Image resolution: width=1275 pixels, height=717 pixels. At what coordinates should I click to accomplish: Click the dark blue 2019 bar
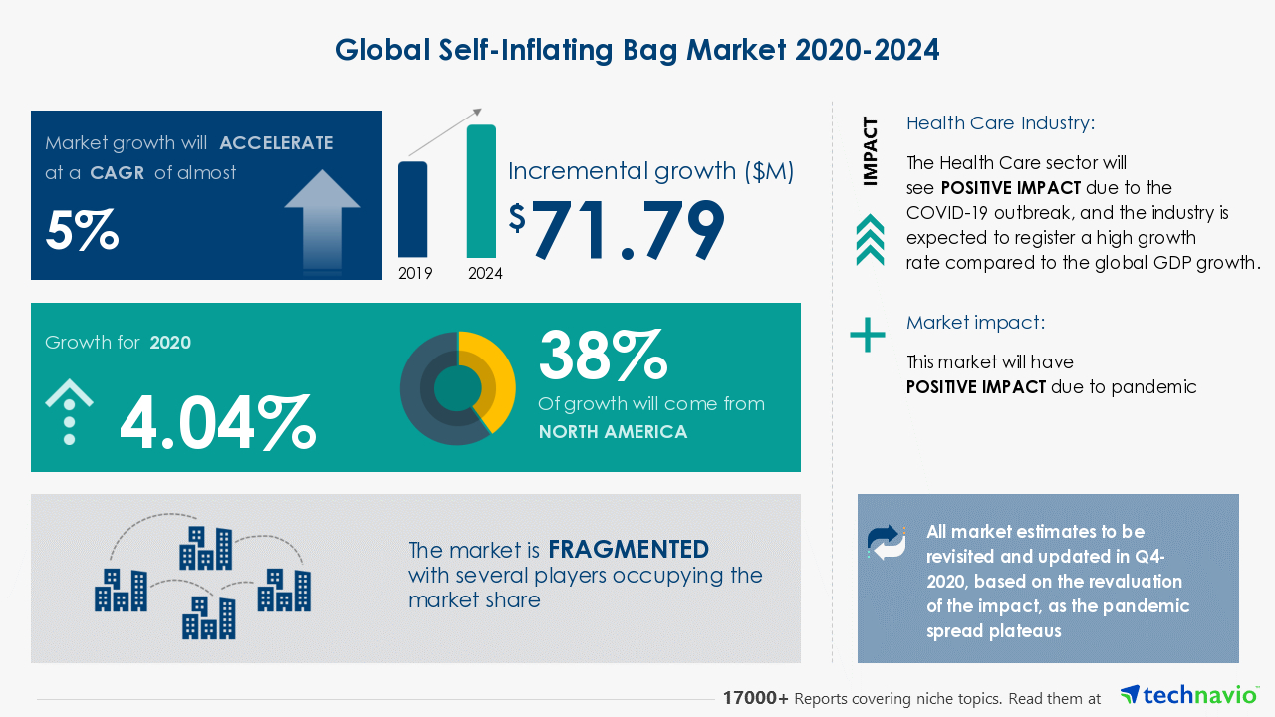click(x=412, y=209)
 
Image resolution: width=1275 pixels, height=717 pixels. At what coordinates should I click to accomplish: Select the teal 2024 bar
click(x=481, y=191)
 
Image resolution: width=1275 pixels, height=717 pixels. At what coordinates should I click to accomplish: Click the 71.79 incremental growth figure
click(x=628, y=231)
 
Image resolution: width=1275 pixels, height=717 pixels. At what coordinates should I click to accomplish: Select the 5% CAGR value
click(x=82, y=230)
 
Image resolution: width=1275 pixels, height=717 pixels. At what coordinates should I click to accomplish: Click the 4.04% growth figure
click(x=217, y=422)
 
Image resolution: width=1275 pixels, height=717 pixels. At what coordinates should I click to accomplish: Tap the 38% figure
click(x=602, y=357)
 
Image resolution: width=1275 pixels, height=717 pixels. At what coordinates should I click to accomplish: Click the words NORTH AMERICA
click(x=613, y=432)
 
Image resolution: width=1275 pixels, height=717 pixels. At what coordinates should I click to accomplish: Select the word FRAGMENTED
click(x=629, y=549)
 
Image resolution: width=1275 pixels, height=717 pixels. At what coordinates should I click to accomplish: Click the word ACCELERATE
click(x=276, y=142)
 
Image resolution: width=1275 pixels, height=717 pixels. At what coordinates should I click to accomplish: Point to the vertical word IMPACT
click(x=871, y=151)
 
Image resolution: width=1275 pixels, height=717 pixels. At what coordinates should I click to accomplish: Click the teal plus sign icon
click(x=867, y=335)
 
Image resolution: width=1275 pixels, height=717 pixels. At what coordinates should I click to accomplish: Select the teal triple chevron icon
click(x=870, y=240)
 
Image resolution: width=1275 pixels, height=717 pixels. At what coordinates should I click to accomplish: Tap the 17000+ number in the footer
click(x=756, y=699)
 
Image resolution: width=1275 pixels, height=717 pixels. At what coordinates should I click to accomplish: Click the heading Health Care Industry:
click(x=1000, y=123)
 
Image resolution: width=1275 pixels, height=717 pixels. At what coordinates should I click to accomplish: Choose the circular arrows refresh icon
click(x=887, y=542)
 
